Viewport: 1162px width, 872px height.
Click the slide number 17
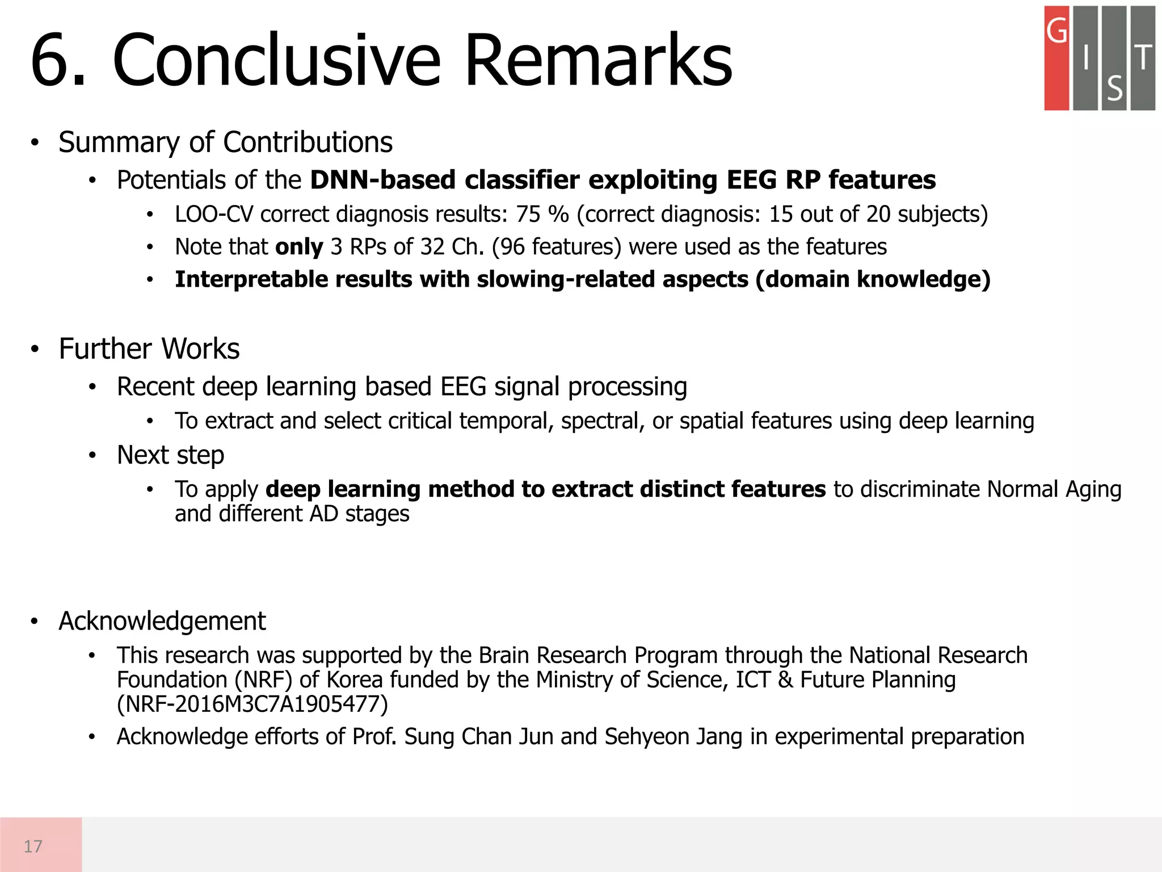click(33, 846)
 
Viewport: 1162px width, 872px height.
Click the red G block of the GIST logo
click(1056, 58)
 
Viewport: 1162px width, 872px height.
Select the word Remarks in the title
click(598, 61)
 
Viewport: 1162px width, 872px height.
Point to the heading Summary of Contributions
click(225, 142)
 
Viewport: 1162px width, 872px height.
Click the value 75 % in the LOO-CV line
click(542, 215)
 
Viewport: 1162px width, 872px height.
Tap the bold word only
click(299, 247)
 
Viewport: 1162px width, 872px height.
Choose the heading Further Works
click(149, 349)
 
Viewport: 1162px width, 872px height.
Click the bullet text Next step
click(170, 455)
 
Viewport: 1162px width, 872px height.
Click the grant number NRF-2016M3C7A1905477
click(252, 704)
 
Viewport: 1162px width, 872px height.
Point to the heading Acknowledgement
click(162, 621)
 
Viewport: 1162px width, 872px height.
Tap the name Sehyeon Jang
click(673, 737)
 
